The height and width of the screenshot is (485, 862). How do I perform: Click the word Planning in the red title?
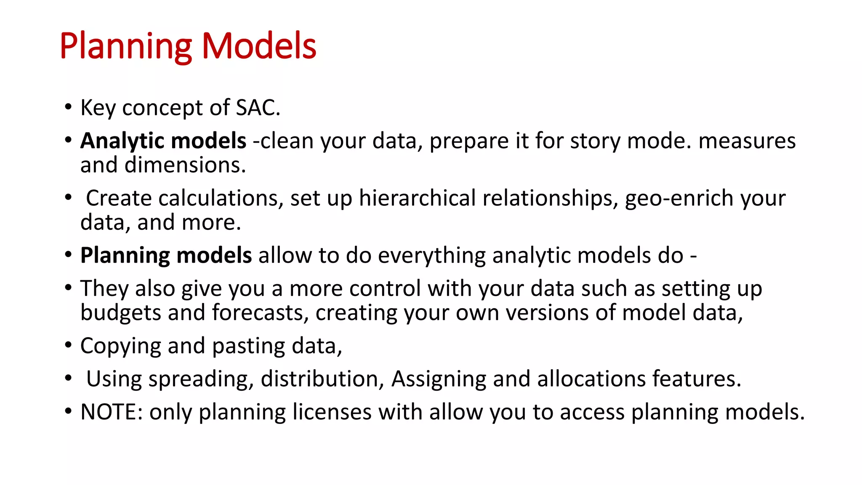125,46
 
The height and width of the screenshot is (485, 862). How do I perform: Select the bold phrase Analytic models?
163,141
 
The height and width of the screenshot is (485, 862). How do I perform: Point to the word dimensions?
185,165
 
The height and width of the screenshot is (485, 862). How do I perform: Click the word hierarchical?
417,198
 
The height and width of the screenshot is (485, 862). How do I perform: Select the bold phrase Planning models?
166,256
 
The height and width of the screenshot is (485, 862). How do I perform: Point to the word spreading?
201,379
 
